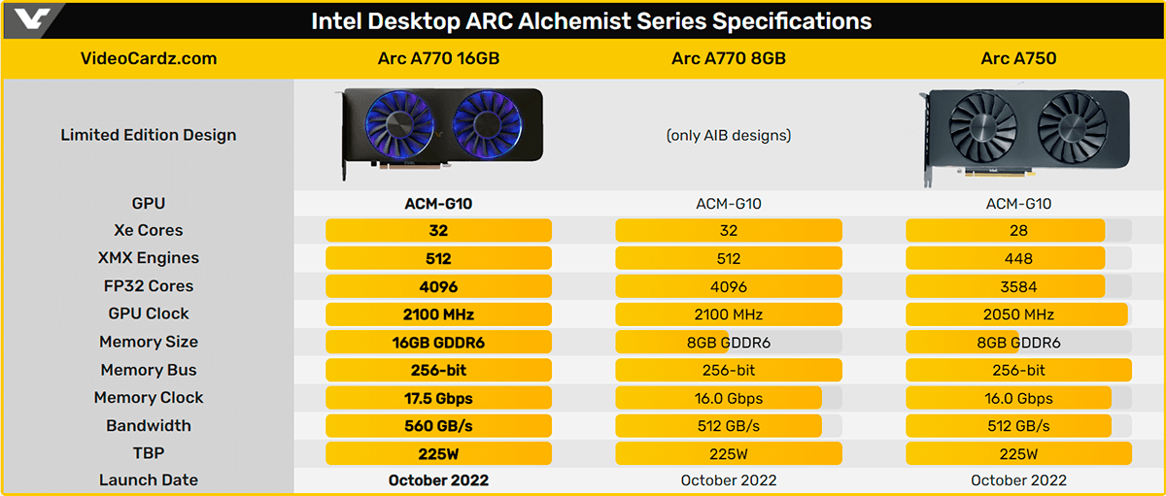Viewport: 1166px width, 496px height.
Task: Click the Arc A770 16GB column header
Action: click(x=438, y=58)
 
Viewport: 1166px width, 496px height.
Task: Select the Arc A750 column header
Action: click(x=1018, y=58)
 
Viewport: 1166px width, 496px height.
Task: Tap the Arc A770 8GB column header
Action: click(x=729, y=58)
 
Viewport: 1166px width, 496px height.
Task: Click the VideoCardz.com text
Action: click(x=149, y=58)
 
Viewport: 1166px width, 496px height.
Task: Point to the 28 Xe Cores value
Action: click(x=1018, y=231)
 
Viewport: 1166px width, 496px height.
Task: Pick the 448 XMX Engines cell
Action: click(x=1018, y=258)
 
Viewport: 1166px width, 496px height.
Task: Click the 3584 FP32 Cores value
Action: click(x=1018, y=286)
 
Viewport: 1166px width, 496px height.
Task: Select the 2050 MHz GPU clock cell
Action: click(x=1018, y=314)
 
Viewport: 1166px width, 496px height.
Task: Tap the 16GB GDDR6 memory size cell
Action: click(x=438, y=342)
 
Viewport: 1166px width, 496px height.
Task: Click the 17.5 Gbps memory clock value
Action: click(x=438, y=398)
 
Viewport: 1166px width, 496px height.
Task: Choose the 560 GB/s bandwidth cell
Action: click(x=438, y=425)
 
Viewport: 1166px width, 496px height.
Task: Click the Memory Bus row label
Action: click(x=149, y=370)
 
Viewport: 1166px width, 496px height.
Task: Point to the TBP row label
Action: click(x=149, y=453)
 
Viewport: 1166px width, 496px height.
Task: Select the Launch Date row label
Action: click(x=149, y=479)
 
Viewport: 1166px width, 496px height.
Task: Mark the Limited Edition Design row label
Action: click(x=149, y=135)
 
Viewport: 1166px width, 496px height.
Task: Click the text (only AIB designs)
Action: click(x=729, y=135)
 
